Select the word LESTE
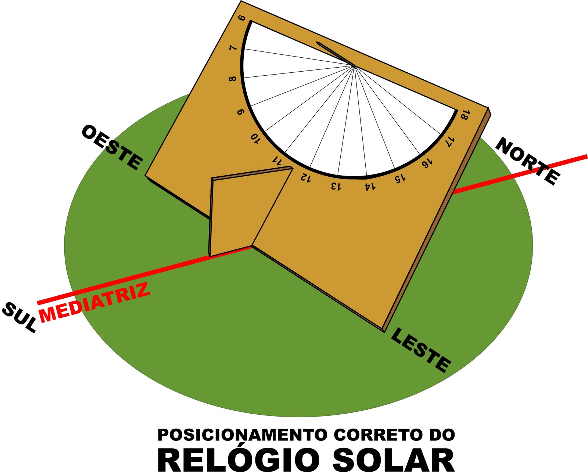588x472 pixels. click(420, 350)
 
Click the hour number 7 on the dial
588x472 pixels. click(233, 49)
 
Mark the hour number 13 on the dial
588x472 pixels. click(336, 186)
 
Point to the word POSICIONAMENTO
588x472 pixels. click(242, 435)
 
